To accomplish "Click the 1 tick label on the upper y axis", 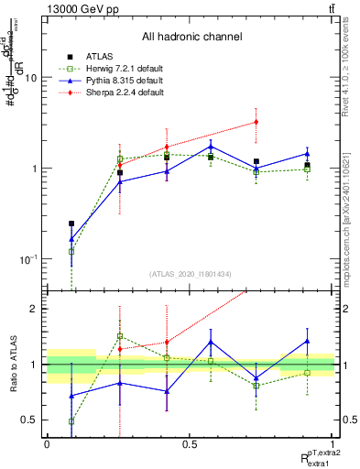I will pos(37,169).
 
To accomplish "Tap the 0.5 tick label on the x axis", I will pos(190,444).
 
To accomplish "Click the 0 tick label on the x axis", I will pos(47,444).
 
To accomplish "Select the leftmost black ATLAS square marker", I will pos(71,223).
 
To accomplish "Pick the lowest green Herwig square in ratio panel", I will pos(71,421).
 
